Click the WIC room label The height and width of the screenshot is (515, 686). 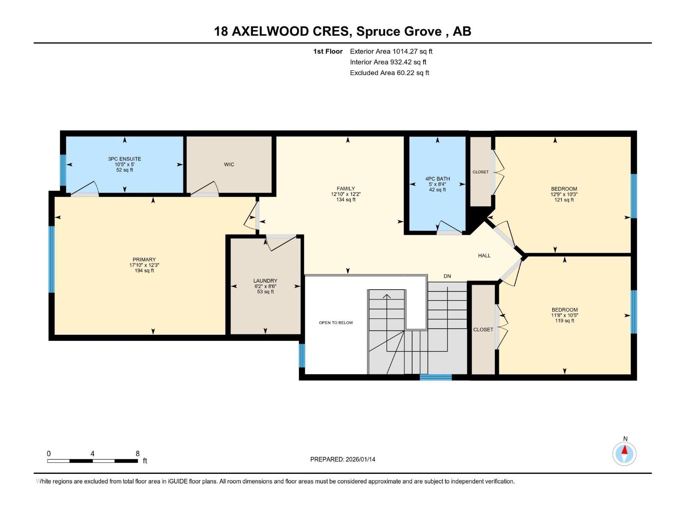click(x=229, y=165)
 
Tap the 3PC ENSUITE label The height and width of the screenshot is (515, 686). click(x=124, y=159)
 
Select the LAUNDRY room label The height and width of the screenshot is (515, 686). click(x=265, y=281)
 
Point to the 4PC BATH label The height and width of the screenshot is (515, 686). click(x=437, y=179)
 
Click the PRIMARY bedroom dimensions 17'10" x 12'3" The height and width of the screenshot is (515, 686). click(x=144, y=265)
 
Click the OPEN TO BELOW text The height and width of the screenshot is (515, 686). click(x=336, y=323)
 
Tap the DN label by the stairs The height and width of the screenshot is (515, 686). click(x=447, y=276)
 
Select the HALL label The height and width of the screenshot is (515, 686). click(x=484, y=256)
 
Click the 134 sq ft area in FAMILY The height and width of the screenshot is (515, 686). click(x=346, y=200)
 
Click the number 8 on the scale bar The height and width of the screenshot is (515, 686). click(x=138, y=454)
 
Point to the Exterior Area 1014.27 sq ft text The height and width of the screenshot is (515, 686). click(x=391, y=51)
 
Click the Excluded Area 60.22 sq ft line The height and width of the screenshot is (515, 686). click(x=389, y=73)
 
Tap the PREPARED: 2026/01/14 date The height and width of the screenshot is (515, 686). click(x=343, y=459)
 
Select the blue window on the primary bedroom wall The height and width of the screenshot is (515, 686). click(x=51, y=259)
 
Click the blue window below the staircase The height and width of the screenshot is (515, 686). click(x=435, y=377)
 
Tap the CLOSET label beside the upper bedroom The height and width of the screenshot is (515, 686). click(x=480, y=172)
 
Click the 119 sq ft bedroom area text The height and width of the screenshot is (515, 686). click(x=564, y=321)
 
